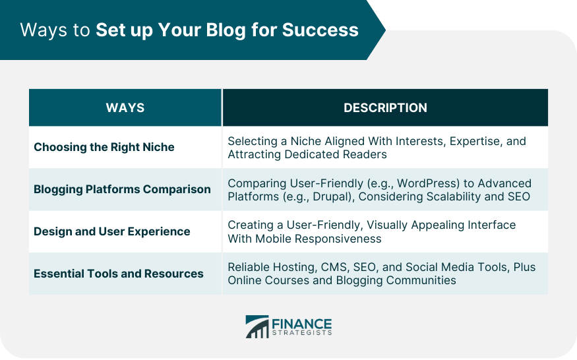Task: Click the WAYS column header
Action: tap(125, 107)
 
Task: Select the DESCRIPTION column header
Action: tap(385, 107)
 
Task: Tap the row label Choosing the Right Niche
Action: tap(104, 147)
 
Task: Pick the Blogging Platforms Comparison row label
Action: tap(122, 189)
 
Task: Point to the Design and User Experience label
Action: tap(112, 231)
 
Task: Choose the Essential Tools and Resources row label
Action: tap(119, 274)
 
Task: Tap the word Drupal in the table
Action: tap(330, 196)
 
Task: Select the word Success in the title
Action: tap(320, 30)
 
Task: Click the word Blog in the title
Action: tap(226, 30)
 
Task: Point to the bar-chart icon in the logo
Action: tap(257, 326)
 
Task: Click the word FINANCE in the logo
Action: tap(302, 324)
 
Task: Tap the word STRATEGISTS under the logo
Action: tap(302, 333)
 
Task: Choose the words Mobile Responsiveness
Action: tap(319, 239)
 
